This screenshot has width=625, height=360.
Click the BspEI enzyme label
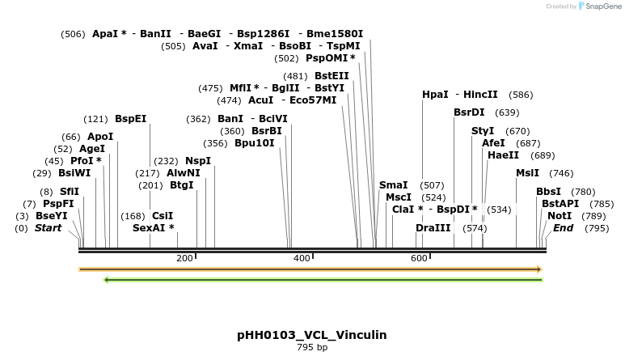tap(130, 119)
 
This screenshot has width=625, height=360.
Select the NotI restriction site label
tap(559, 216)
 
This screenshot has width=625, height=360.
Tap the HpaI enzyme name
tap(435, 95)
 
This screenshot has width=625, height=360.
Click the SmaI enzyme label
tap(393, 185)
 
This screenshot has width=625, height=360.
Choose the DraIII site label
tap(433, 228)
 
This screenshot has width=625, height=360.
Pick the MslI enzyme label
tap(527, 173)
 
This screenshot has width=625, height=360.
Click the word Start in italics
tap(48, 228)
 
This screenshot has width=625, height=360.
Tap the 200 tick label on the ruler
tap(184, 258)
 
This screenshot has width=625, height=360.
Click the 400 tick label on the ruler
tap(302, 258)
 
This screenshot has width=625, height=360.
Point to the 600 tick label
tap(419, 258)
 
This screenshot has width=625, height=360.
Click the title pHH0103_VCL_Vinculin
tap(311, 335)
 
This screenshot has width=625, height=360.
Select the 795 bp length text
tap(311, 347)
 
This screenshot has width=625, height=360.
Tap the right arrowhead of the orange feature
tap(538, 269)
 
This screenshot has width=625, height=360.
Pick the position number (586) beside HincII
tap(521, 95)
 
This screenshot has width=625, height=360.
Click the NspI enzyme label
tap(197, 161)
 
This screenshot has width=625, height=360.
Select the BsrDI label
tap(469, 112)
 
